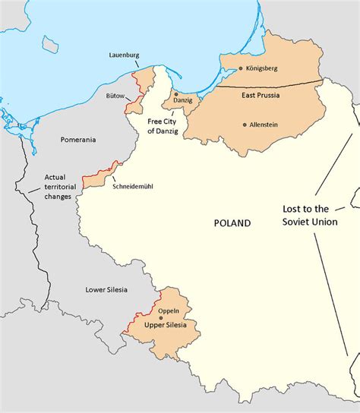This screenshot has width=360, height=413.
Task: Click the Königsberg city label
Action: pos(263,68)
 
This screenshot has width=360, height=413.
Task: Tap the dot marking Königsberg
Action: pos(241,68)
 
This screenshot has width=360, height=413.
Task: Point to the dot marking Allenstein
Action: pos(245,125)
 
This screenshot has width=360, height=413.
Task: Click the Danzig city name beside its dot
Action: pos(183,99)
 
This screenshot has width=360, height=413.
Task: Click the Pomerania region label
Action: pos(78,140)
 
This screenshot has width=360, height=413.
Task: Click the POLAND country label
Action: pos(232,222)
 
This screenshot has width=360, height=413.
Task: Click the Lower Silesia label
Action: pos(107,289)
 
